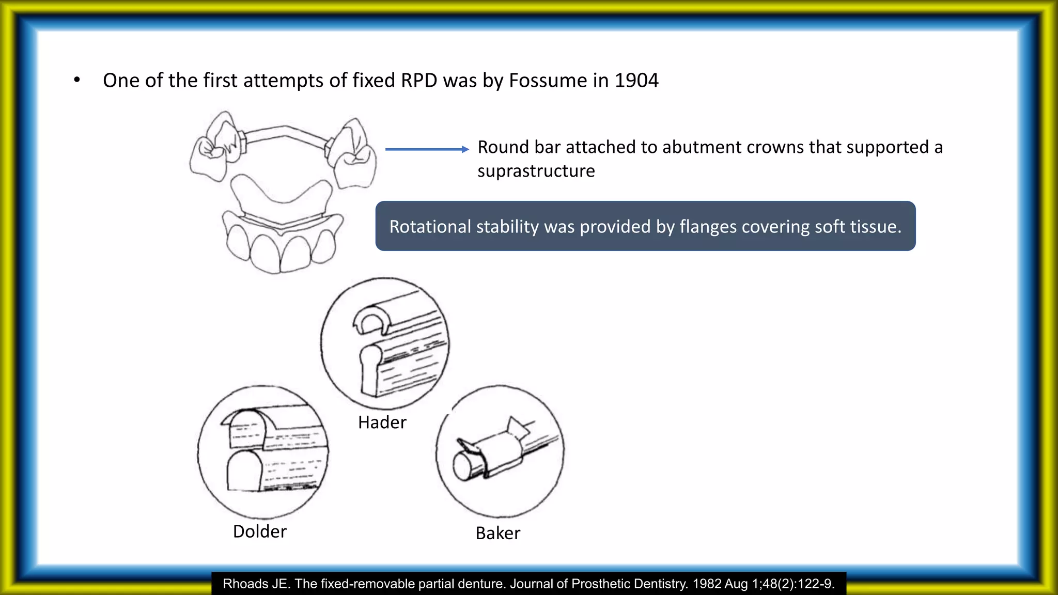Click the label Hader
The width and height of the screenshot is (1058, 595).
coord(382,422)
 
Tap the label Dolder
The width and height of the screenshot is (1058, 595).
coord(259,531)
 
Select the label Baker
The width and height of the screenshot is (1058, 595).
coord(497,533)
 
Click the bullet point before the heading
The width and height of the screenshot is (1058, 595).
coord(77,80)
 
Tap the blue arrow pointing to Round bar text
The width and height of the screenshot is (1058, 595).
coord(427,149)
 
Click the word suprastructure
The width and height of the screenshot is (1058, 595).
coord(536,171)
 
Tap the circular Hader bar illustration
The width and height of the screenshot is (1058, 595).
coord(385,343)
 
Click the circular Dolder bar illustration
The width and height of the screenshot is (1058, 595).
coord(263,452)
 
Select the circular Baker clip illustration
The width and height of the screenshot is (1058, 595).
coord(500,451)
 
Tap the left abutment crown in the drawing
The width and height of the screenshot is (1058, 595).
coord(214,147)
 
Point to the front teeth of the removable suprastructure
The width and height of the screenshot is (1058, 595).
coord(282,248)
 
